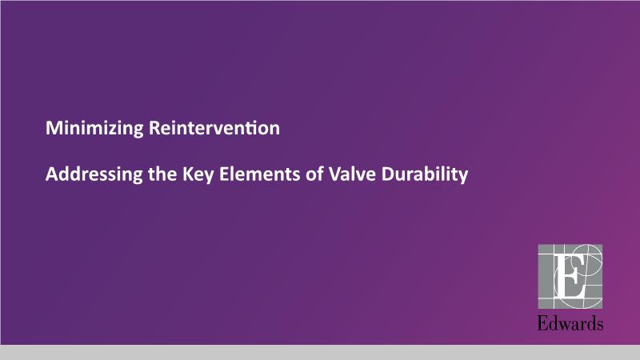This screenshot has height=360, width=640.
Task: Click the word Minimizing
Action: (x=94, y=129)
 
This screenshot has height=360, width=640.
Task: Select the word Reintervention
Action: (x=214, y=128)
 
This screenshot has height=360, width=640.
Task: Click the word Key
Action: (x=198, y=175)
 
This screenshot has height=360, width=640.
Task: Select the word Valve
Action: (x=353, y=174)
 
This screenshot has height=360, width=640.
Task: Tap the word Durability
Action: (x=425, y=175)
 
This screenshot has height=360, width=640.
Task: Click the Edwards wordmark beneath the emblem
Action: (x=570, y=323)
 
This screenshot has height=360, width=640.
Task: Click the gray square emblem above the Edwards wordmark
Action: (x=570, y=276)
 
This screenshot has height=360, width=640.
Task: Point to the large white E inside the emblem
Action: (x=568, y=275)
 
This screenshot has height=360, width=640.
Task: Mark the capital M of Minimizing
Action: (x=54, y=128)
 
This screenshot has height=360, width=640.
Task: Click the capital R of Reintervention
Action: (x=154, y=128)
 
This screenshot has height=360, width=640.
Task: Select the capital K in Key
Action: (x=188, y=174)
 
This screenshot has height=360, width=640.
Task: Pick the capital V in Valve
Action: (x=335, y=174)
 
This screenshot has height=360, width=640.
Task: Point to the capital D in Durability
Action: (x=388, y=174)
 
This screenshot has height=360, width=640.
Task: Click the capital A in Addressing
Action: (x=52, y=174)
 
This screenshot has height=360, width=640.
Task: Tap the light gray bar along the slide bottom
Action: (x=320, y=352)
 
